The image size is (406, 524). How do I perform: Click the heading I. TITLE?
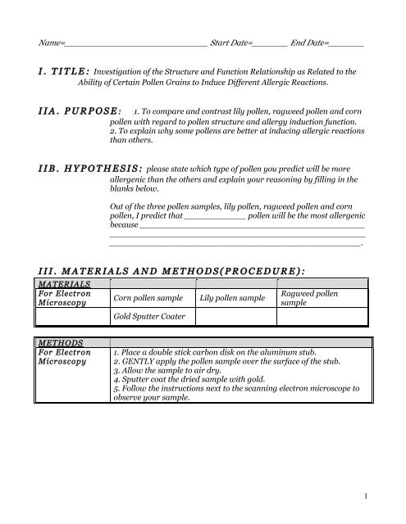point(61,72)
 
